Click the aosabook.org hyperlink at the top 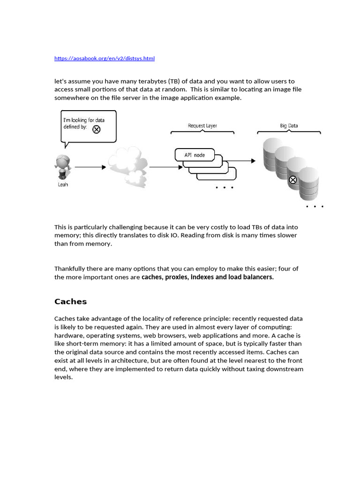104,59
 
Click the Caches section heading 70,301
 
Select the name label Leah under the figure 62,185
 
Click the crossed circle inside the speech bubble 96,129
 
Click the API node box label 194,155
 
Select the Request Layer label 202,126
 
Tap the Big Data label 289,126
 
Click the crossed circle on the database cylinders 292,180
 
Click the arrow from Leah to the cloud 90,167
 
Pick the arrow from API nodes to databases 240,161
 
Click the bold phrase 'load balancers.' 251,277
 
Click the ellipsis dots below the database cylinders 315,206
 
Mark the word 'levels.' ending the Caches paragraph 64,377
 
